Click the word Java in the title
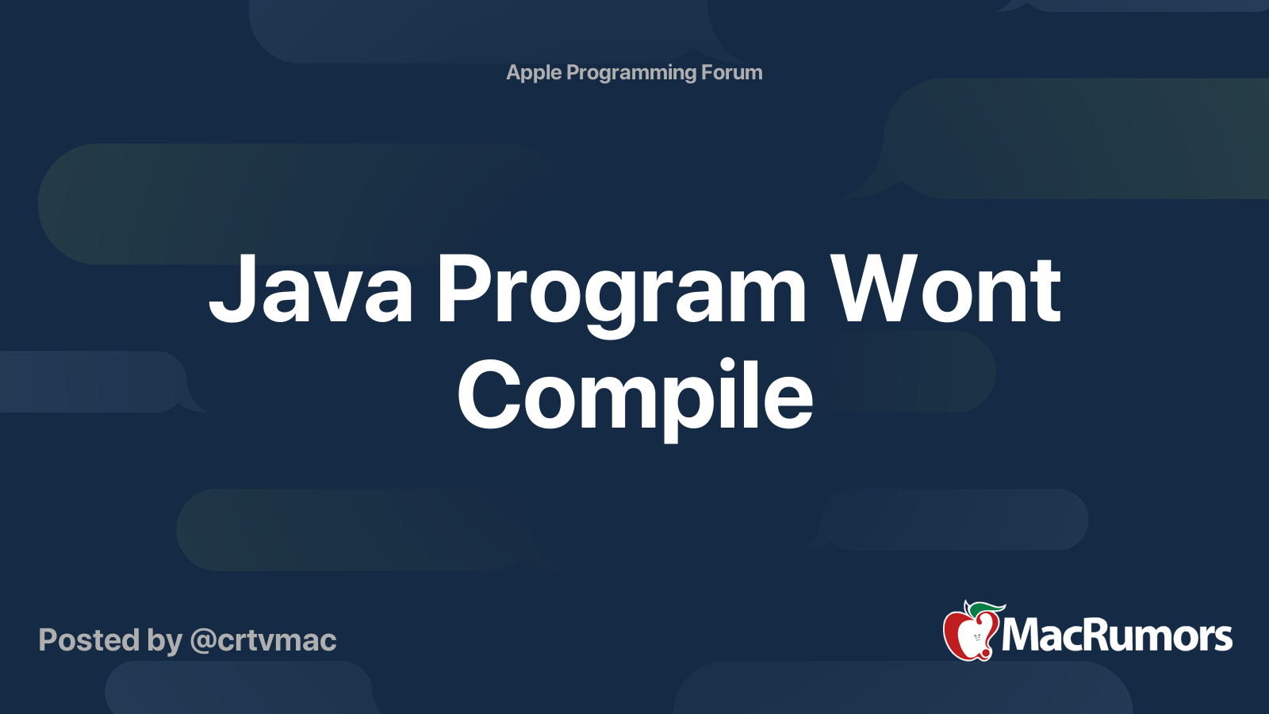coord(311,290)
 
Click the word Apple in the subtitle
coord(534,73)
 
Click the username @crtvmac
coord(263,640)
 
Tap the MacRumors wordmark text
coord(1117,635)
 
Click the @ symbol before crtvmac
coord(203,641)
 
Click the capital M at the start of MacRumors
coord(1023,635)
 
